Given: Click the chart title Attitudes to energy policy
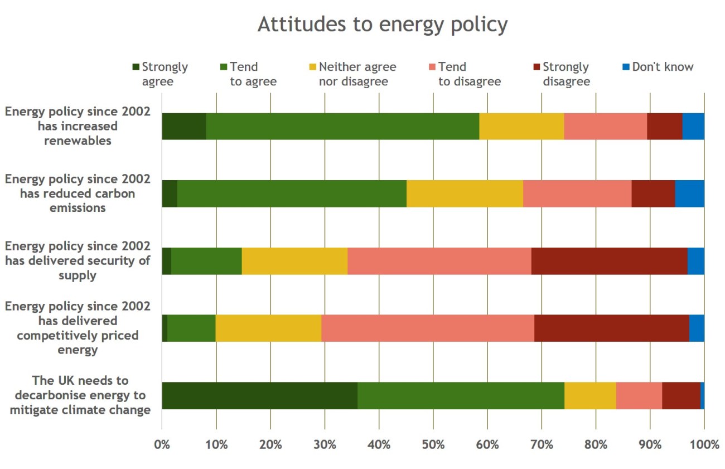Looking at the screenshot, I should point(382,25).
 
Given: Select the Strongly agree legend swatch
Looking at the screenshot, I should point(136,67).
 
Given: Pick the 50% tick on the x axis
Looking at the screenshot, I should point(433,445).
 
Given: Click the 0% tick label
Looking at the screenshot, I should point(162,445).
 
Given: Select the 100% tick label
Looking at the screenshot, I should point(704,445).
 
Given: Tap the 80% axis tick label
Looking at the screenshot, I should point(596,445).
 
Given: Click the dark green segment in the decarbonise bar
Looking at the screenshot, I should point(259,395).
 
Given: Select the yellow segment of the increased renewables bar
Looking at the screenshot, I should point(521,126).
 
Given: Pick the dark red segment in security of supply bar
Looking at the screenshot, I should point(609,260).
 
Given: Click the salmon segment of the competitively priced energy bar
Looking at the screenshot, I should point(428,328).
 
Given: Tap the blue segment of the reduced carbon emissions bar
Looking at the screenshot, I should point(689,194).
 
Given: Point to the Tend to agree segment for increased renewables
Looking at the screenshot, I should point(342,126).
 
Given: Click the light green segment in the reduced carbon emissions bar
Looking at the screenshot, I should point(292,194).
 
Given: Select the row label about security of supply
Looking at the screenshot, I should point(78,260).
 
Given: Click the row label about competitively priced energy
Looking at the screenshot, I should point(78,328).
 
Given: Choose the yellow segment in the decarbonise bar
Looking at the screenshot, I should point(590,395).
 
